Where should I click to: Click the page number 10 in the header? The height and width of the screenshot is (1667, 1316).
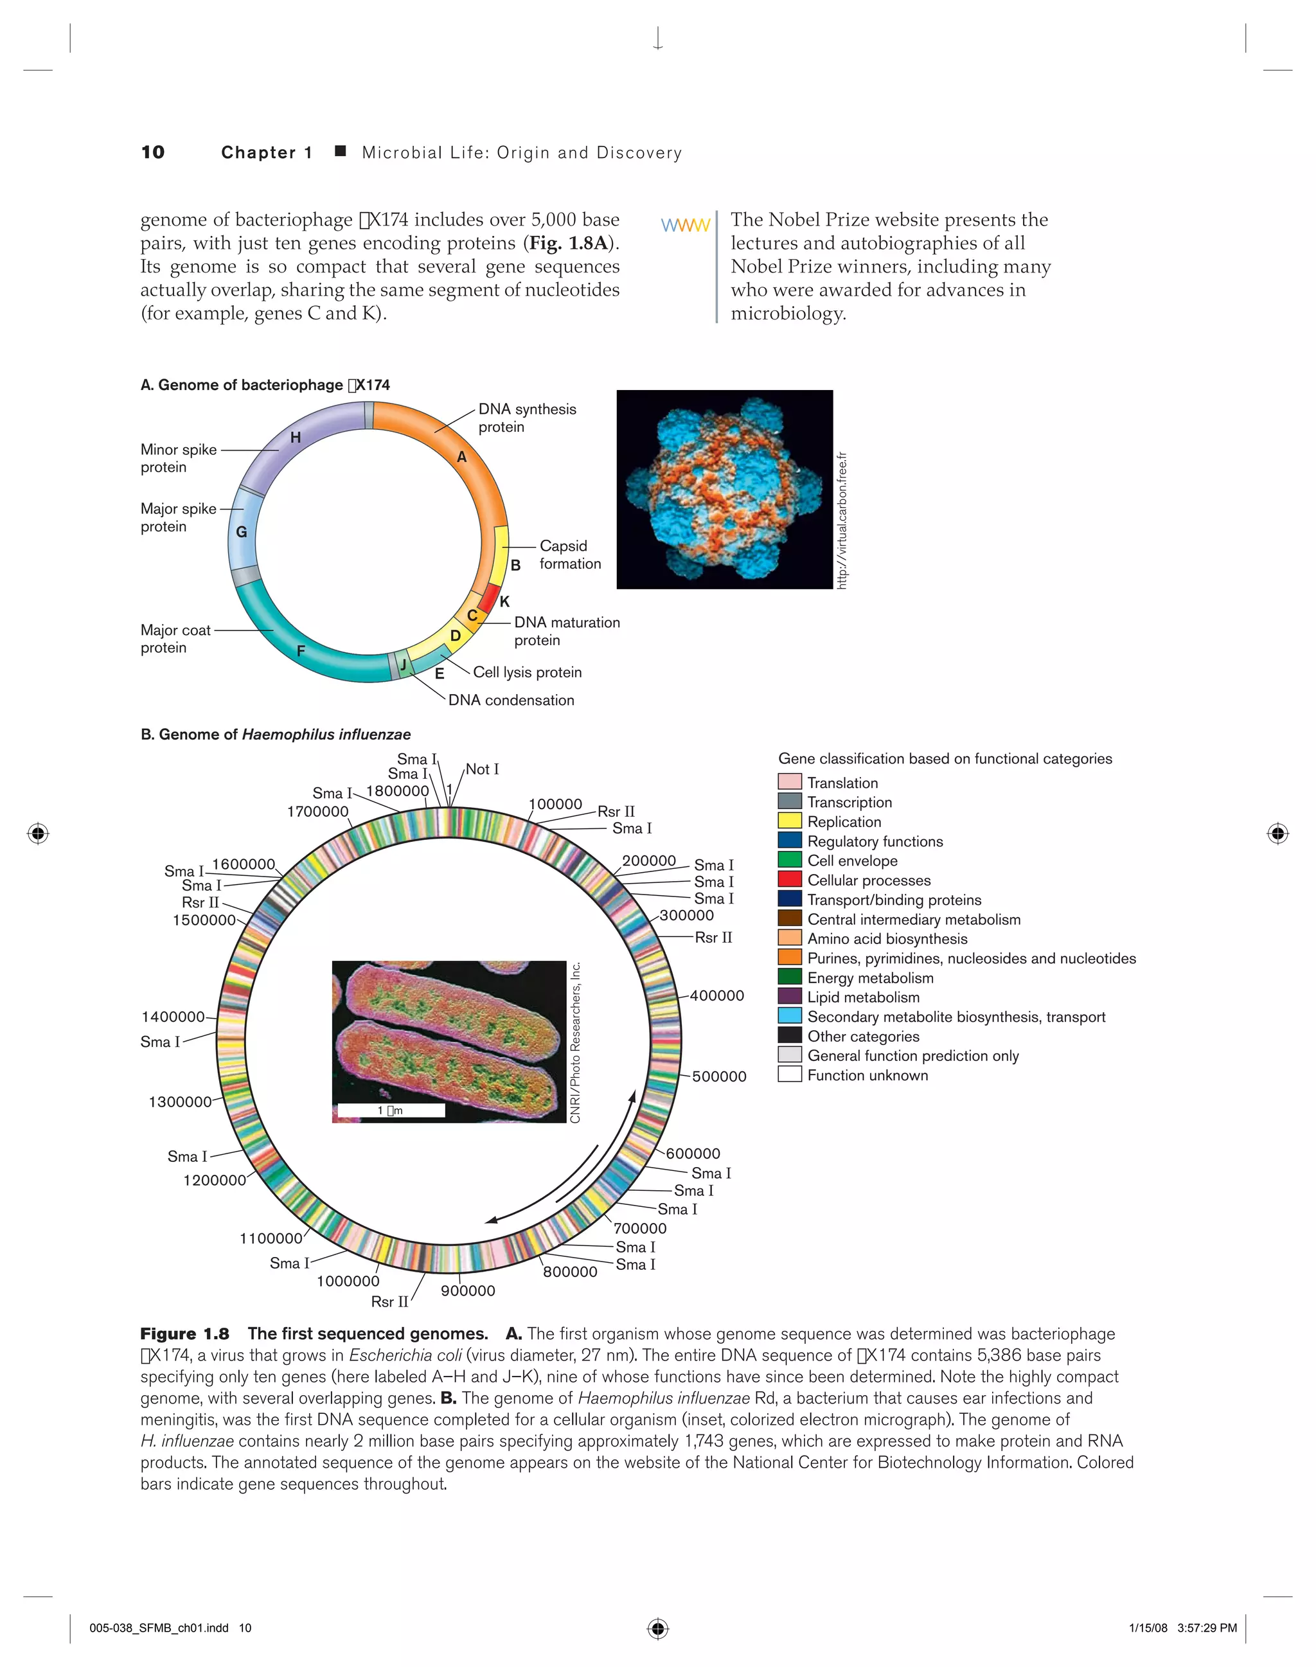[152, 152]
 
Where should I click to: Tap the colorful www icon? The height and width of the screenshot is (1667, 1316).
[685, 225]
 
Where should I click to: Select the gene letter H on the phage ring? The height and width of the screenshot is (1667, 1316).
[295, 438]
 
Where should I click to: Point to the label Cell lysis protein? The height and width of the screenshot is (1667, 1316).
[527, 672]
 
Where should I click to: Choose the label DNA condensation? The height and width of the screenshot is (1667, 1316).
[511, 700]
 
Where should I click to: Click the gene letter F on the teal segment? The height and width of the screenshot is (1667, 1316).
[301, 650]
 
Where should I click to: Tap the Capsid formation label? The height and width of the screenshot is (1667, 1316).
[569, 554]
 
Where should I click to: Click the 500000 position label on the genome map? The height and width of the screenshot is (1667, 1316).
[718, 1076]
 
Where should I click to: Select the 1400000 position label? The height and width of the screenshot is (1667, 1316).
[173, 1017]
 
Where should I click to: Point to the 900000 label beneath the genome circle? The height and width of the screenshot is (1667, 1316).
[468, 1291]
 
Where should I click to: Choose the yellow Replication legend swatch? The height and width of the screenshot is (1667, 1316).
[790, 821]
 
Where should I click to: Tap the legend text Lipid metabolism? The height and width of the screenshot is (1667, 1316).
[863, 997]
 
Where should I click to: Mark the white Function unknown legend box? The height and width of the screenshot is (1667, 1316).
[790, 1075]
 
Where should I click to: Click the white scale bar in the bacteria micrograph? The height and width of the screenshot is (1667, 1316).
[391, 1110]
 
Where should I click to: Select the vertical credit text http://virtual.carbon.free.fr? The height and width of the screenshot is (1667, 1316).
[842, 521]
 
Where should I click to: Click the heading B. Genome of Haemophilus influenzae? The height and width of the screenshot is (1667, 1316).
[275, 735]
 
